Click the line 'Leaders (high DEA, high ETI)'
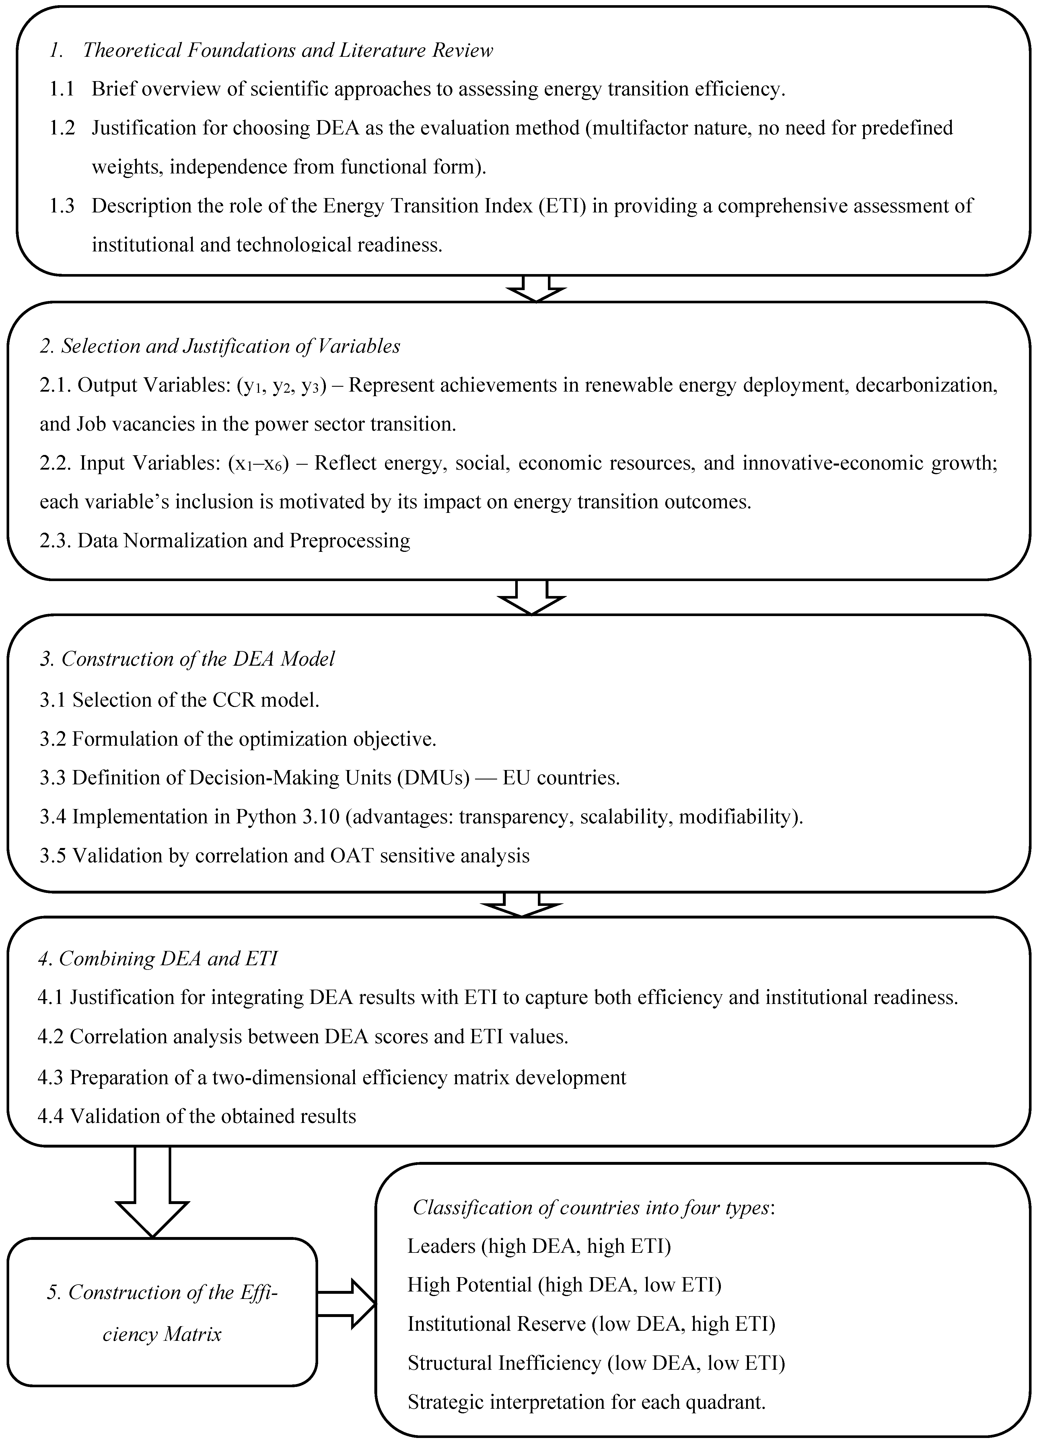[x=539, y=1245]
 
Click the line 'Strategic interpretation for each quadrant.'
[x=586, y=1401]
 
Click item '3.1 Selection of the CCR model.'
[x=180, y=700]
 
